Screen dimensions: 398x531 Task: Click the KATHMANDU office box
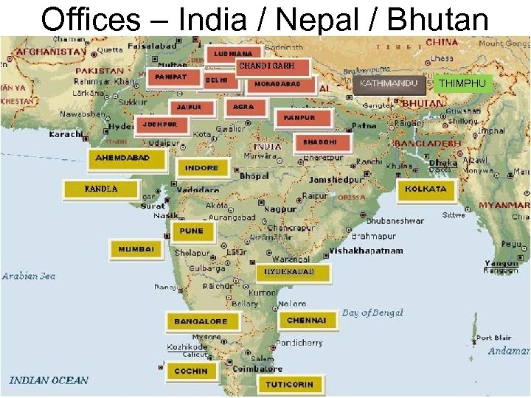point(389,83)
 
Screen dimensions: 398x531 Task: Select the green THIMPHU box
point(462,84)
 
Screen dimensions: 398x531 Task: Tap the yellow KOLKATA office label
point(426,189)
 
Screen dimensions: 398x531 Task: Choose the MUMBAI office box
point(136,250)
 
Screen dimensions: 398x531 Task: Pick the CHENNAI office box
point(307,321)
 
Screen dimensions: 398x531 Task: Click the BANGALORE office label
point(201,321)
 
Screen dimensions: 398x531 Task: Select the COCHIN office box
point(191,371)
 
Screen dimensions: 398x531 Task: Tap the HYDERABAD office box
point(290,272)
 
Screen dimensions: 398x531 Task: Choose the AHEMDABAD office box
point(122,158)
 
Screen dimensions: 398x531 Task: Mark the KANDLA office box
point(101,189)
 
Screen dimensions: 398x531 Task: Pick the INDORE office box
point(201,168)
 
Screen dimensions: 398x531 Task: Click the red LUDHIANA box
point(234,54)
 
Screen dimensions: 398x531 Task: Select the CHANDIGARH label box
point(266,66)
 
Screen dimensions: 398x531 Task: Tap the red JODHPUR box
point(159,125)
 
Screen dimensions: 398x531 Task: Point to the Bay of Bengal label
point(372,313)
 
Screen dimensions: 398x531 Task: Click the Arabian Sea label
point(29,276)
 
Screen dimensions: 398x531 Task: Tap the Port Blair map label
point(493,338)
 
